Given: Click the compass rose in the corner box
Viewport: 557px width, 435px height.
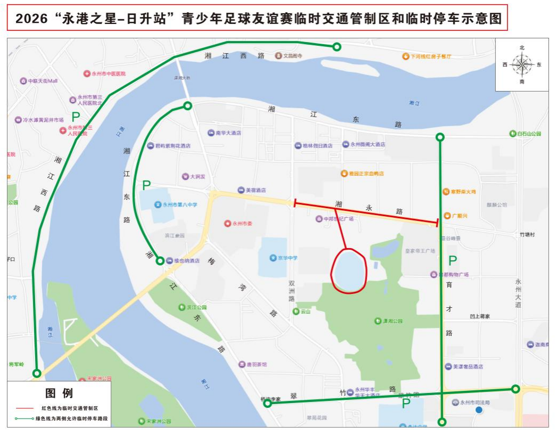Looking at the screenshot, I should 521,64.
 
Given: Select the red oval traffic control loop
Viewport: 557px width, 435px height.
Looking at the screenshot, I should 349,271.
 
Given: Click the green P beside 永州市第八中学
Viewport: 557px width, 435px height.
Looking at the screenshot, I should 146,186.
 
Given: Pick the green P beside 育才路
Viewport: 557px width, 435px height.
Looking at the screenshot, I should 452,261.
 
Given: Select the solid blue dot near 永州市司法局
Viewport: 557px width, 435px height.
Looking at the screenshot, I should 479,410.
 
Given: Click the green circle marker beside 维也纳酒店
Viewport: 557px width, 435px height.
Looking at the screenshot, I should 160,261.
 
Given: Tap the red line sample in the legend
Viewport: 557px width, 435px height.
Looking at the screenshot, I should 23,408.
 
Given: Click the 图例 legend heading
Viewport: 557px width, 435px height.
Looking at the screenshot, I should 59,393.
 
